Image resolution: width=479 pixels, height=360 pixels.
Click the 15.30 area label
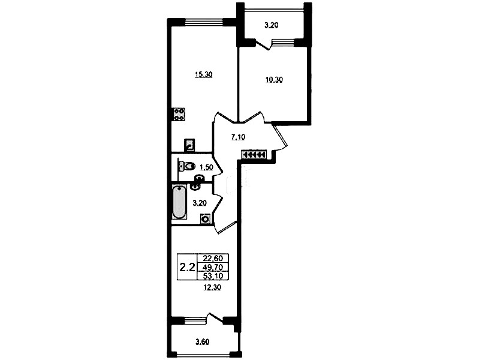coord(204,74)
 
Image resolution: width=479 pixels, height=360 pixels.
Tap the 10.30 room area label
coord(274,80)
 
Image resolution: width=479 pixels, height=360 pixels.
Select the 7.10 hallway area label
coord(238,137)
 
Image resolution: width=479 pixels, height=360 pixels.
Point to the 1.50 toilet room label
coord(206,167)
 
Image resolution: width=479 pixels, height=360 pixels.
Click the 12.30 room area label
coord(212,287)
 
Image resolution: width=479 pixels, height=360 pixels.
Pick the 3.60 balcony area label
coord(202,342)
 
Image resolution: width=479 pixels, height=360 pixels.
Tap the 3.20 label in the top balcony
coord(271,25)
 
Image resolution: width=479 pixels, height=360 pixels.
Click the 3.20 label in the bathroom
coord(200,203)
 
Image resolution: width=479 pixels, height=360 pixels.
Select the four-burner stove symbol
coord(179,114)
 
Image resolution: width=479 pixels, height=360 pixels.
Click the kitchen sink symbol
coord(189,145)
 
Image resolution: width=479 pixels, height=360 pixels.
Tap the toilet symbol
coord(187,166)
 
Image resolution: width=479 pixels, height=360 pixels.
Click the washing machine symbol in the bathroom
coord(206,219)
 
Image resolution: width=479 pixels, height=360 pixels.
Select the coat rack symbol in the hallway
coord(254,155)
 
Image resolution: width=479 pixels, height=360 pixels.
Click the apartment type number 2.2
coord(187,268)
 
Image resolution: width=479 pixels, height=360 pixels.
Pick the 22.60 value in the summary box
coord(213,258)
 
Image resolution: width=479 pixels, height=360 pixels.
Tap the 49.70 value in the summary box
coord(213,267)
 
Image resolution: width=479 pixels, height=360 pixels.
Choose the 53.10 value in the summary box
coord(213,276)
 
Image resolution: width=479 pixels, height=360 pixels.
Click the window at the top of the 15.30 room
coord(204,22)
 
